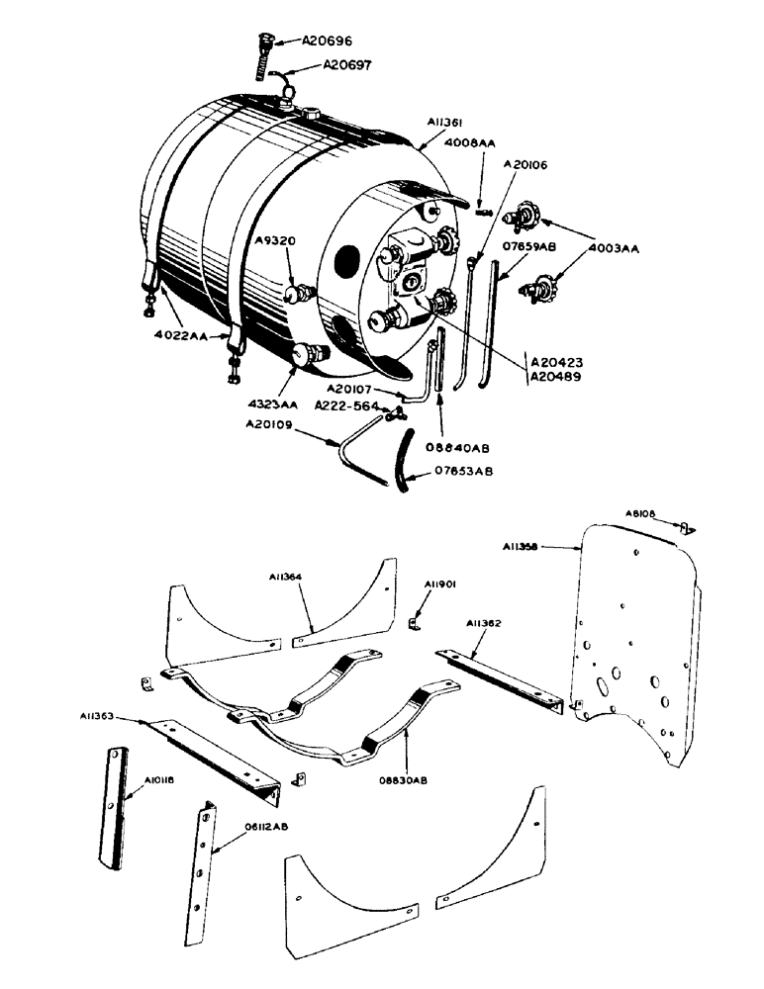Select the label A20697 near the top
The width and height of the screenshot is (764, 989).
[x=351, y=66]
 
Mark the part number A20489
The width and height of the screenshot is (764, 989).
[x=558, y=377]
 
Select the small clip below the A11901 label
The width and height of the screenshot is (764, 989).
[x=416, y=623]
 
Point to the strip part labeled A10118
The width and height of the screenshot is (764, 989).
[x=115, y=806]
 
